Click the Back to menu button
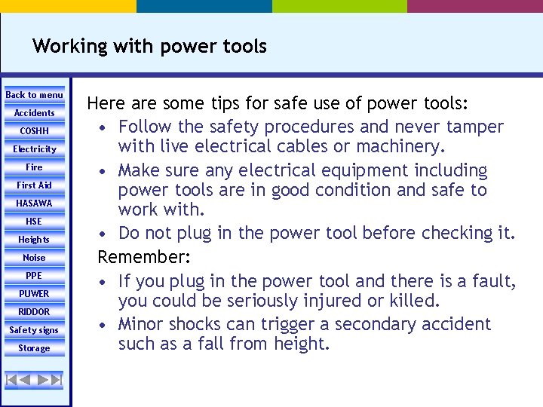(34, 95)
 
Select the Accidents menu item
(34, 113)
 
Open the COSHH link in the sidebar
(34, 131)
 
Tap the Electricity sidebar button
(34, 149)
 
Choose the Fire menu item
(34, 167)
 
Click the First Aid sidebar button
(34, 185)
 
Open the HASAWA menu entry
(34, 203)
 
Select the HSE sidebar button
(34, 222)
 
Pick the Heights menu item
(34, 240)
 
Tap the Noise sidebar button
(34, 258)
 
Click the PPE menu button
(34, 276)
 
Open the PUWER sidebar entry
(34, 294)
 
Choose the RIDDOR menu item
(34, 312)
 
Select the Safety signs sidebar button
(34, 330)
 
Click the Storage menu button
(34, 348)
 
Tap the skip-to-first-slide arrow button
(12, 379)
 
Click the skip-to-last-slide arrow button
(56, 379)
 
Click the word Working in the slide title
(70, 47)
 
